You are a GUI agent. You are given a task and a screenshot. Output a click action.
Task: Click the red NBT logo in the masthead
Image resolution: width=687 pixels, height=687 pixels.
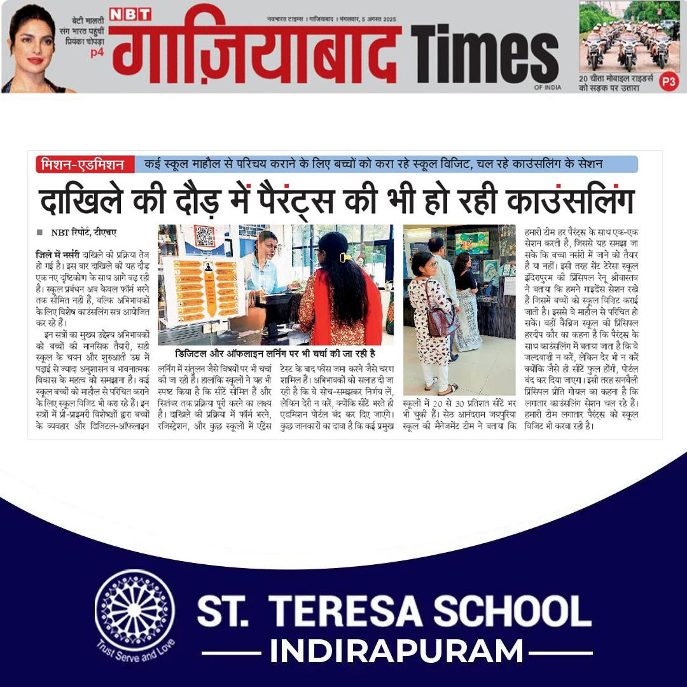(130, 14)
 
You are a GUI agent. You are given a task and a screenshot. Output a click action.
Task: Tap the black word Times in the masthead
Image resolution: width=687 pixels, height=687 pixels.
(484, 56)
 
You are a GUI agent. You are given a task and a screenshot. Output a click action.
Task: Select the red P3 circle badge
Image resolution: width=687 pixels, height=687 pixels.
(668, 81)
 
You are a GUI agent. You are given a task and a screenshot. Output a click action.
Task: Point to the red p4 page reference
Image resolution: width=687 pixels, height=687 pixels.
(97, 53)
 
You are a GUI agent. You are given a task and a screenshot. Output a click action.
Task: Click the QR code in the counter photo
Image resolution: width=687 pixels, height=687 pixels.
(205, 236)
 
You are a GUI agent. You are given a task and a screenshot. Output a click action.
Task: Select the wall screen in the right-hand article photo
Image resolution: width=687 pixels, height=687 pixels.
(472, 243)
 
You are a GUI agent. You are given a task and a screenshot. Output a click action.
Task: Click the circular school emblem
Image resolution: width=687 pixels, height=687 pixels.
(135, 611)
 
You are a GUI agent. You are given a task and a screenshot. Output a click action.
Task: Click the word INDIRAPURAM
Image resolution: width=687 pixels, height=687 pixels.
(396, 652)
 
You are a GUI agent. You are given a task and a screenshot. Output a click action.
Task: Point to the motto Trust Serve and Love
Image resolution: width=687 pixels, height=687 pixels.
(135, 651)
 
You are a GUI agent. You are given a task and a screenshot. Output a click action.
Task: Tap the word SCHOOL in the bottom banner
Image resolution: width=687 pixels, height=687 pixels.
(525, 611)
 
